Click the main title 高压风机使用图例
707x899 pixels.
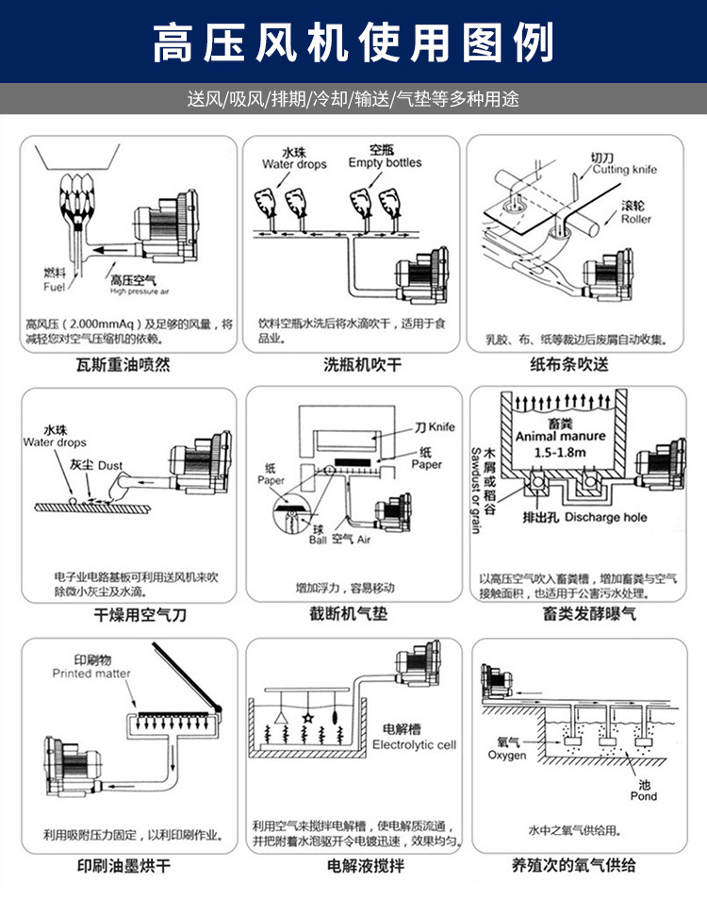tap(353, 42)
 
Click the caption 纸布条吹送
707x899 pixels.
tap(583, 365)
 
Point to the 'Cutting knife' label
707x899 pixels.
tap(624, 170)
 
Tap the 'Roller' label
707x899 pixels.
tap(635, 220)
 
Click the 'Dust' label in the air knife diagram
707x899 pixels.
tap(110, 466)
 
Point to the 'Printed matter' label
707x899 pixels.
tap(91, 674)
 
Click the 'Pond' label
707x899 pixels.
tap(645, 797)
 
